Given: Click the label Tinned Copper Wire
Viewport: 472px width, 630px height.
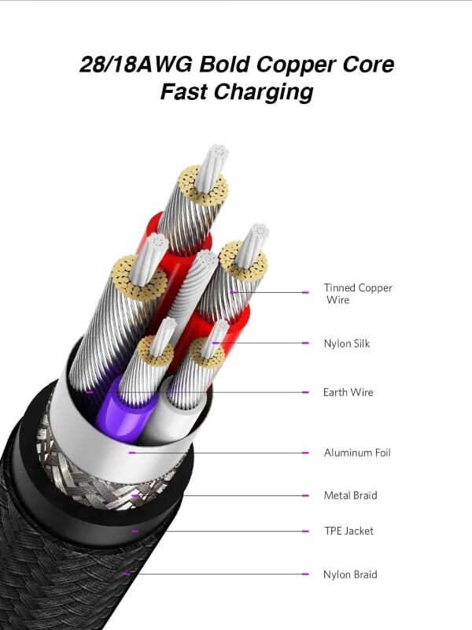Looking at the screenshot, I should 357,293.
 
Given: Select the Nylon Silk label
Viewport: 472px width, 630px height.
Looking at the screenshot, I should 346,343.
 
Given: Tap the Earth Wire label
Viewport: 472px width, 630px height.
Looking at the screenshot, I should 348,392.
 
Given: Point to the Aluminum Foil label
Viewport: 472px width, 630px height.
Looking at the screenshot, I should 356,453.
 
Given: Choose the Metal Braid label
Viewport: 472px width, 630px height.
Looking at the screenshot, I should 350,495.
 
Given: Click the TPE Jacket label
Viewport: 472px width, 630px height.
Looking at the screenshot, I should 348,531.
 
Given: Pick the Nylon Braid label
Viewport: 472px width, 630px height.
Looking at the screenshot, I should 350,574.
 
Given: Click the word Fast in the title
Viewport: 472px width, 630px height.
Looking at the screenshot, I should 186,91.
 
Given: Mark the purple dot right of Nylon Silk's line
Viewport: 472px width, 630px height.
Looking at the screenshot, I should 305,343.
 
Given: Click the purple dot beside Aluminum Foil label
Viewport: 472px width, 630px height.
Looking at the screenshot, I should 305,453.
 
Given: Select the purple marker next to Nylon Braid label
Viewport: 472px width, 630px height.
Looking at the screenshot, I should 305,574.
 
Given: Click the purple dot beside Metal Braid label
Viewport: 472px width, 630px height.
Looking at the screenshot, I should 305,495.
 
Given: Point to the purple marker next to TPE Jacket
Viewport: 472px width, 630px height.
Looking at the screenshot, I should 305,531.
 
